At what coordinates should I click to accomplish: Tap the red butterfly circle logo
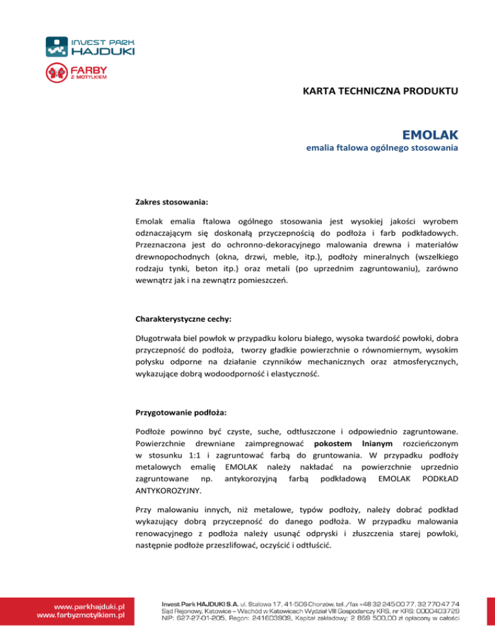[x=55, y=72]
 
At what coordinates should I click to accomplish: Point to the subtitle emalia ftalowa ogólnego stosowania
[x=382, y=149]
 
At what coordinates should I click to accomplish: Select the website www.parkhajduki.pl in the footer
[x=88, y=606]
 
